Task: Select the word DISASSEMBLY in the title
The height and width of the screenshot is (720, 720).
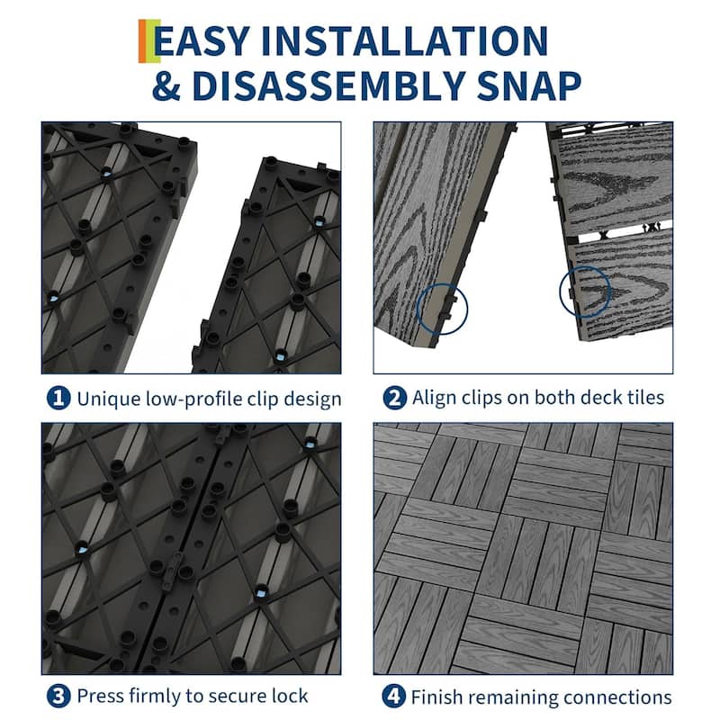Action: click(x=335, y=87)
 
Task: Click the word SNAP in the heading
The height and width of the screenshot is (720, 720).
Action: click(x=530, y=87)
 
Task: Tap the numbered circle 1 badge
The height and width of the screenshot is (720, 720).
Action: click(x=56, y=398)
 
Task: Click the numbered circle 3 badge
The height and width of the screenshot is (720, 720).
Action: click(x=56, y=696)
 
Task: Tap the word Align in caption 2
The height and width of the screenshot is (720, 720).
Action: click(x=434, y=398)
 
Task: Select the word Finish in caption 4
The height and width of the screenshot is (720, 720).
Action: click(x=436, y=696)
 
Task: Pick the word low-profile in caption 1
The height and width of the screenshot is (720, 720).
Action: click(x=184, y=398)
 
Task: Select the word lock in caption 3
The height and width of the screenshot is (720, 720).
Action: click(x=291, y=696)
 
